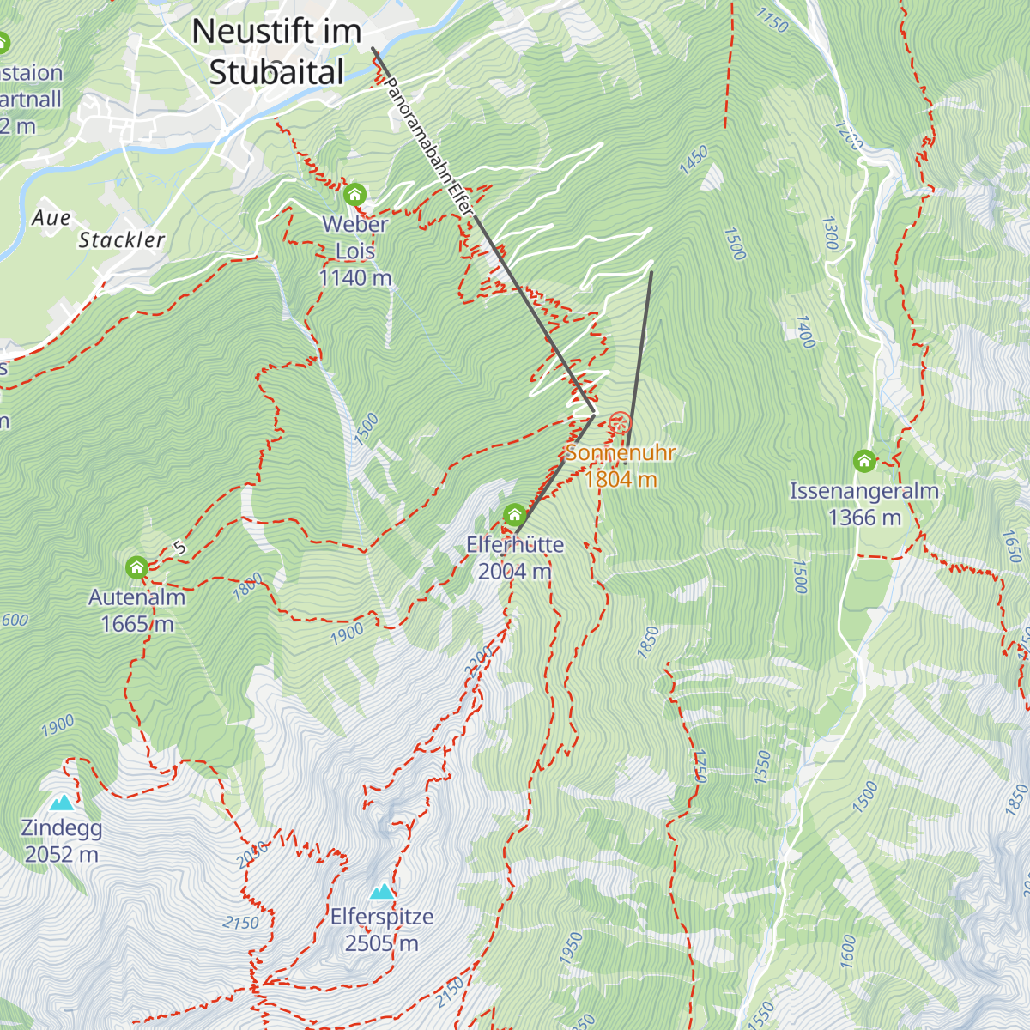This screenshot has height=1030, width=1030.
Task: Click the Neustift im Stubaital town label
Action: click(x=276, y=51)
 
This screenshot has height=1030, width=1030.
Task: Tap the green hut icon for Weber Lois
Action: click(x=354, y=195)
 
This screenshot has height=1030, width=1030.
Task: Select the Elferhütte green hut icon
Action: click(x=514, y=515)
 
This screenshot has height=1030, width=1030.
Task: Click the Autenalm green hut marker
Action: click(x=136, y=567)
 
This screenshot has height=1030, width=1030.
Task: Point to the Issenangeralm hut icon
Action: click(x=864, y=461)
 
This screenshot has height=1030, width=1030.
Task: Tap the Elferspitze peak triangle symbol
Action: click(x=382, y=891)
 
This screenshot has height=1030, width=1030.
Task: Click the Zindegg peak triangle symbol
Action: click(x=61, y=803)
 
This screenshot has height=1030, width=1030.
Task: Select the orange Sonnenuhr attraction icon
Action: click(x=620, y=423)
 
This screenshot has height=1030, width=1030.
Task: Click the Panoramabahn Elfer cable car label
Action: click(x=428, y=146)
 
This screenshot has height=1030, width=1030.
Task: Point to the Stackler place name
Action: click(x=121, y=240)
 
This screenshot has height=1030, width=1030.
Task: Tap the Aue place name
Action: click(x=51, y=218)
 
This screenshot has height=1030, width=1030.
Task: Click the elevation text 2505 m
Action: click(x=381, y=943)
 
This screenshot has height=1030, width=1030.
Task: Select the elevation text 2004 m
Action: click(x=514, y=571)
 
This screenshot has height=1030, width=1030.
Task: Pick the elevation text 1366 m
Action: click(x=864, y=518)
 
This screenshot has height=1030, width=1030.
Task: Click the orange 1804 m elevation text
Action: click(x=621, y=479)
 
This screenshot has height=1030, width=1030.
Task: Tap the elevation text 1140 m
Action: click(x=354, y=277)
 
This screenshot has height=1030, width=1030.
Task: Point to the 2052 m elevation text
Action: click(x=61, y=855)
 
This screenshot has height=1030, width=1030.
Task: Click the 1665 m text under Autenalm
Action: click(x=136, y=624)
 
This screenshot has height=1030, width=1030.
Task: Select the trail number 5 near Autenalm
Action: click(x=179, y=548)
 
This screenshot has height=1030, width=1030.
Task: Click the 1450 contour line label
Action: click(x=694, y=161)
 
